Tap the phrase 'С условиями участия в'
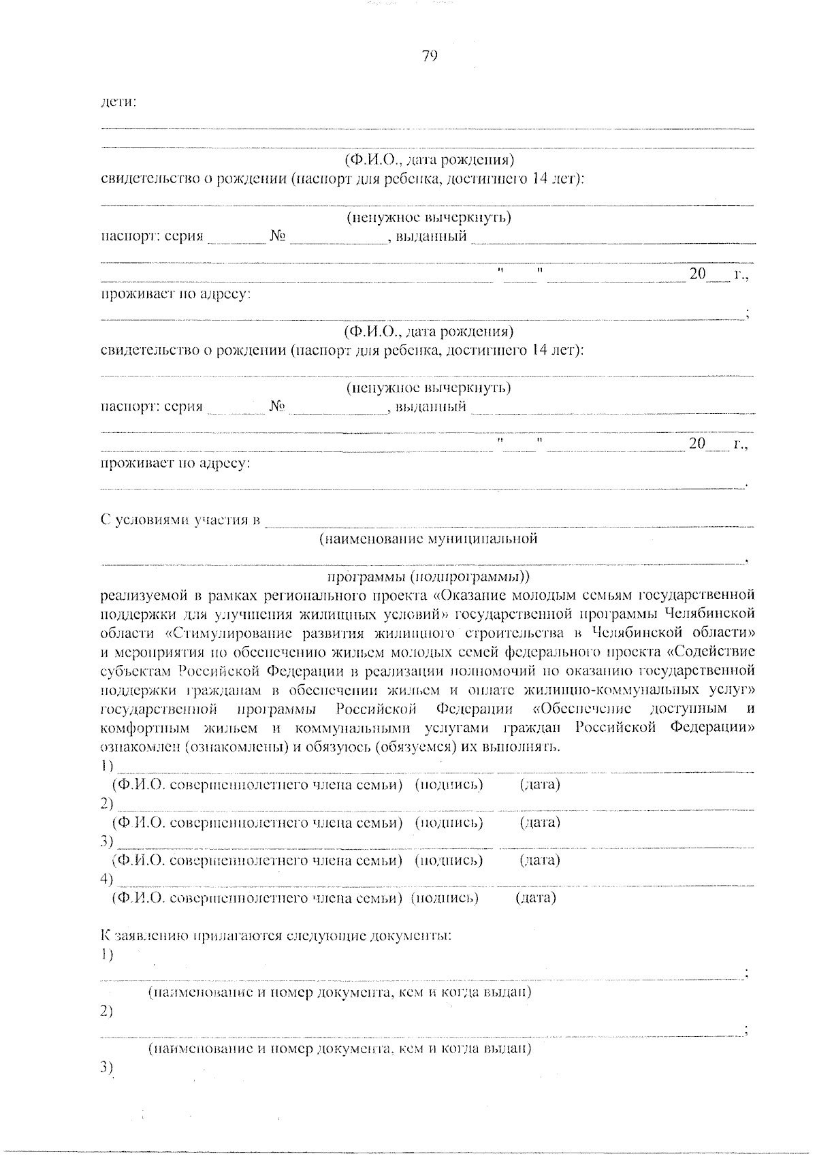[181, 521]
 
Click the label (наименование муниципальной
[428, 539]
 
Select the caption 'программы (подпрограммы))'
[428, 577]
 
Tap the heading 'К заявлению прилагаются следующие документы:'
[276, 935]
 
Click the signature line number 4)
[106, 879]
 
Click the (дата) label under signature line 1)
[540, 784]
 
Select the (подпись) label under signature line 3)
[449, 860]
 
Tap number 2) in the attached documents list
[106, 1011]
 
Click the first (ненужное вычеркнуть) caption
[428, 218]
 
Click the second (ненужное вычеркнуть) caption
[428, 388]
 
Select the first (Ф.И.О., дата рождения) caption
[428, 161]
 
